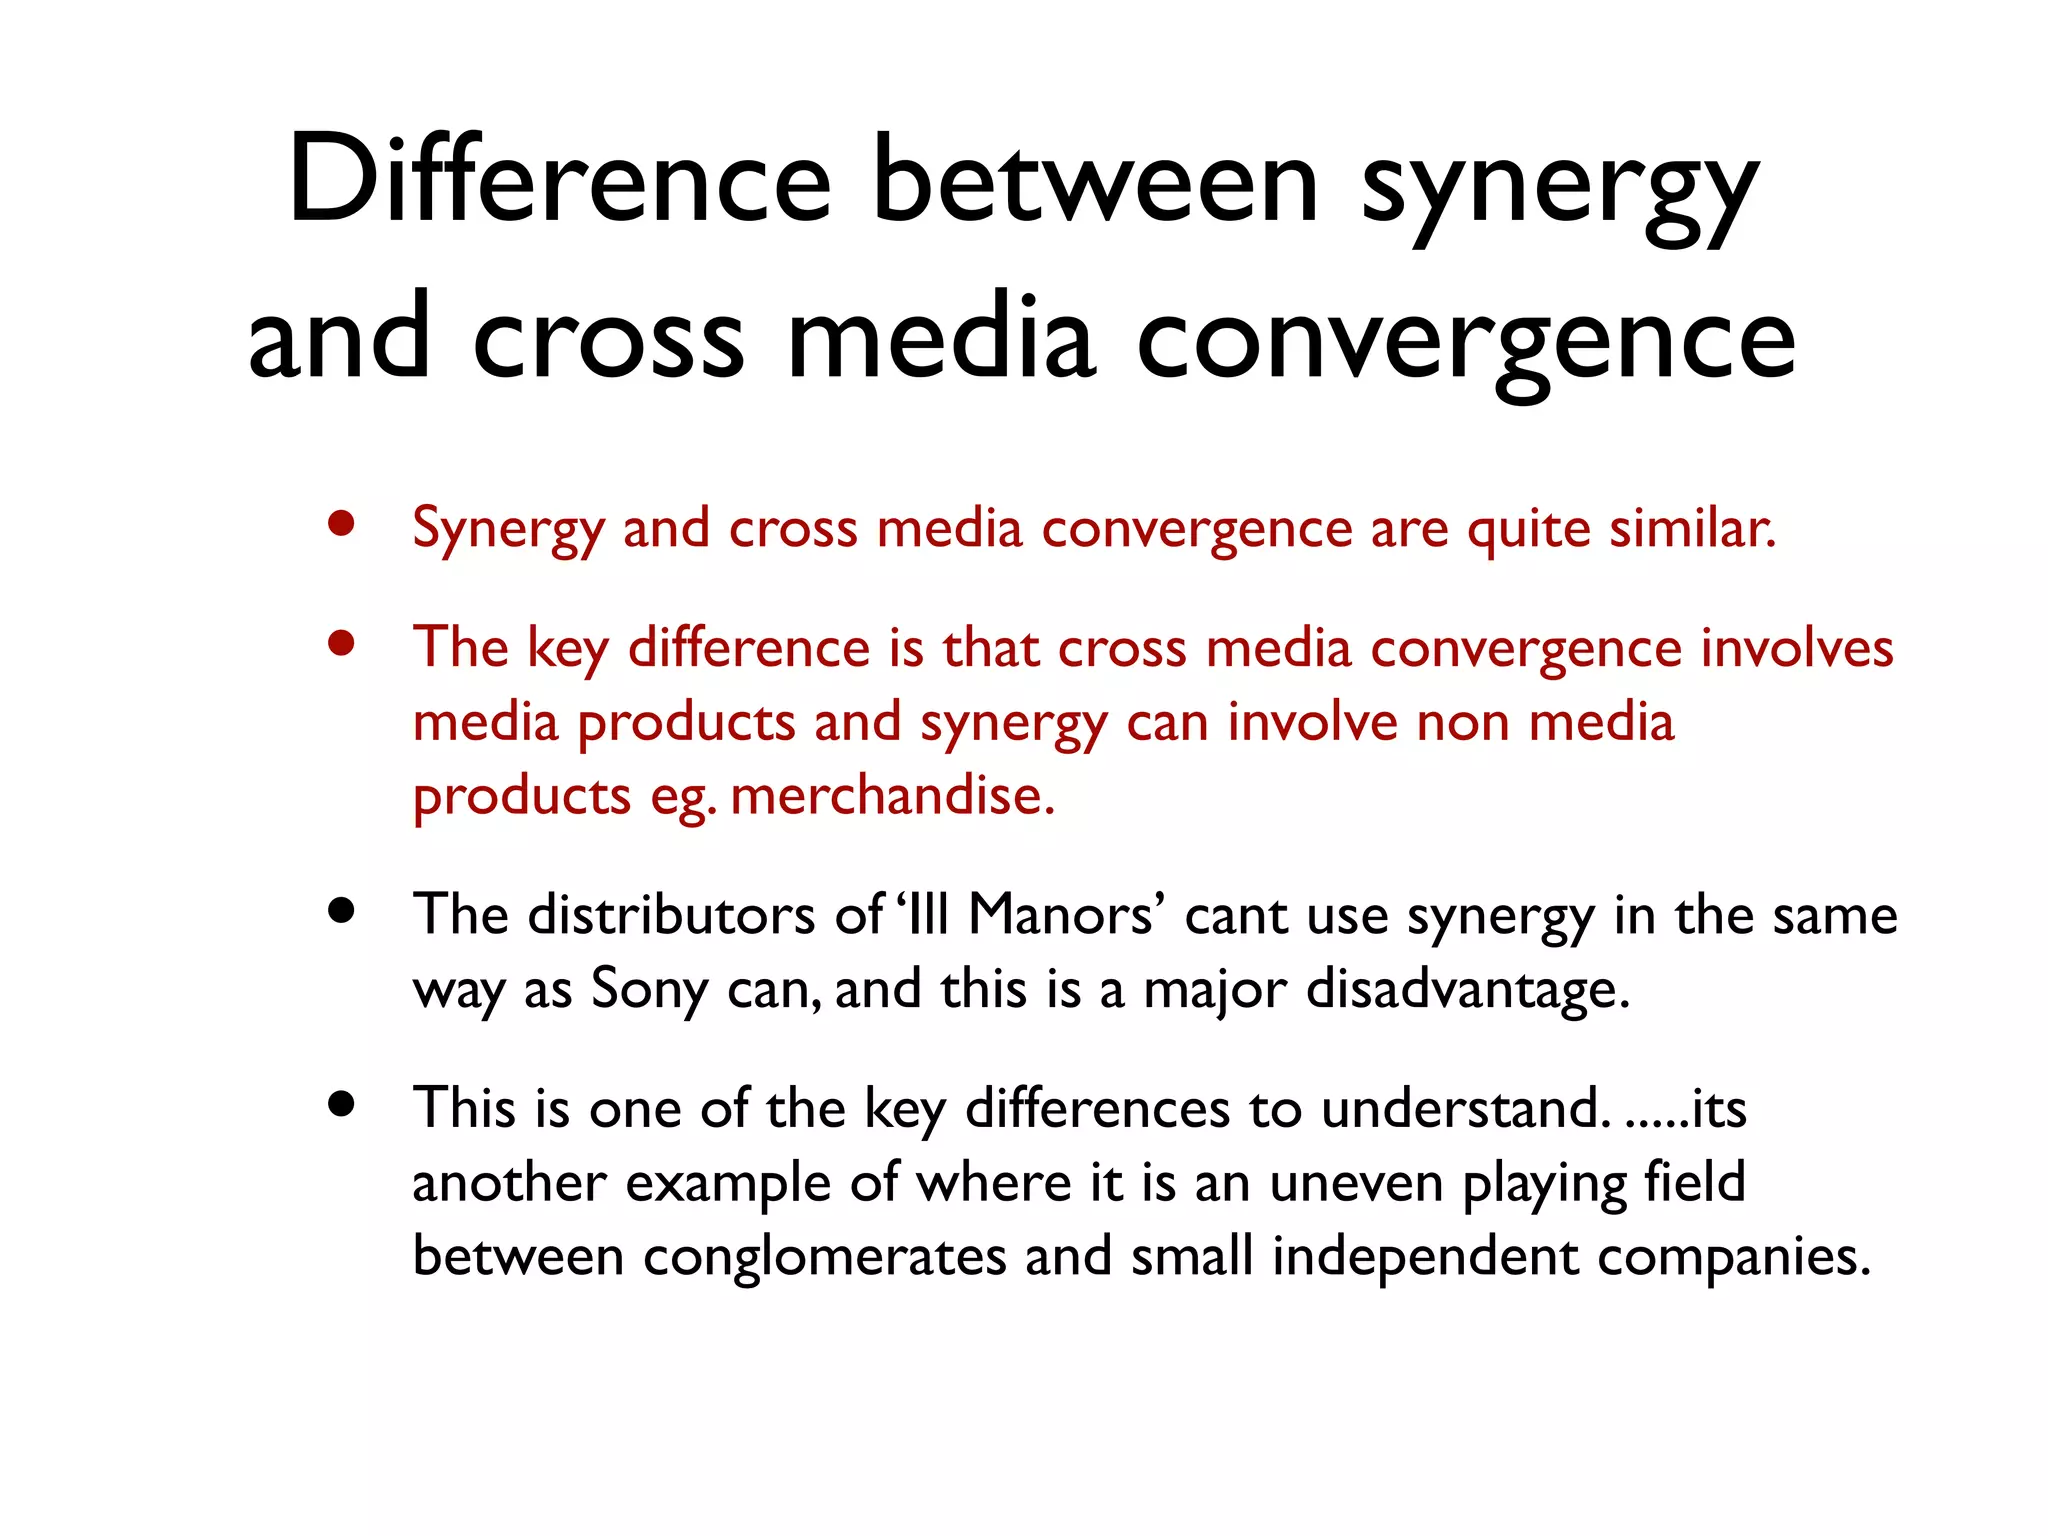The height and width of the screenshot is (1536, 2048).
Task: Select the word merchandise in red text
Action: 892,797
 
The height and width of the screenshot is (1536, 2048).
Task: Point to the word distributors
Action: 671,914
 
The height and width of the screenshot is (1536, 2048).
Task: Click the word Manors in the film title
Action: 1060,914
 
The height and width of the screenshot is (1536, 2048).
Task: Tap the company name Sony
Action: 649,990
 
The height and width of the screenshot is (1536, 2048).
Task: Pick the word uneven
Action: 1356,1183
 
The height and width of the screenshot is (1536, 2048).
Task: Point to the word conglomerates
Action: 824,1257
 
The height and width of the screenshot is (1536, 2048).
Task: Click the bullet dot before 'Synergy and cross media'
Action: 342,524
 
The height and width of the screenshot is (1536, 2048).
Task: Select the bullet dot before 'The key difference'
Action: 342,644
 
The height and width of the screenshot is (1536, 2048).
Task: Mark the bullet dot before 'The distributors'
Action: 342,911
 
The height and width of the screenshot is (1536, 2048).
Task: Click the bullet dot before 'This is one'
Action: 342,1104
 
